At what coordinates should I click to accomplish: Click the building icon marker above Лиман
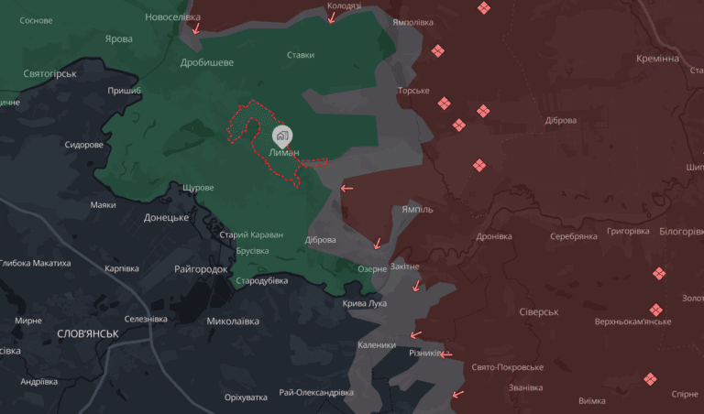(x=282, y=136)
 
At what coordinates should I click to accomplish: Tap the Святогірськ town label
(x=50, y=73)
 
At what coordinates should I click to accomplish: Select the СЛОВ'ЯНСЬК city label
(x=88, y=333)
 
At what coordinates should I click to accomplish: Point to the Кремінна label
(x=657, y=58)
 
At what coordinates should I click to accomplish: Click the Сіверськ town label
(x=538, y=311)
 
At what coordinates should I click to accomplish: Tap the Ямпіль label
(x=417, y=209)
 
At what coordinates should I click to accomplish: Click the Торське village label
(x=413, y=91)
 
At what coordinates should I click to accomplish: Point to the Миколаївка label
(x=233, y=321)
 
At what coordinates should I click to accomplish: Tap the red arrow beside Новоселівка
(x=195, y=28)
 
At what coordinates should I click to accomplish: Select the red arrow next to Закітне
(x=417, y=285)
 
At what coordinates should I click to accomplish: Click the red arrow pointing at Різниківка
(x=445, y=354)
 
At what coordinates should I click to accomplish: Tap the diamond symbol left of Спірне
(x=650, y=378)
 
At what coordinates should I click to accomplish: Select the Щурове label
(x=198, y=188)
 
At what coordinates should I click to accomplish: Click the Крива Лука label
(x=364, y=303)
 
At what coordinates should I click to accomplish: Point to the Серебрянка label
(x=573, y=236)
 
